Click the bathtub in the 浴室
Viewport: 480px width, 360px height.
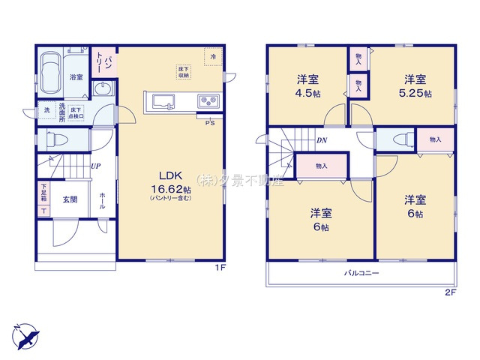tap(52, 72)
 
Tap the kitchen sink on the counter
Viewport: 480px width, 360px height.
tap(163, 100)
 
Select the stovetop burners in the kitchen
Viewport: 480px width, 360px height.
tap(207, 101)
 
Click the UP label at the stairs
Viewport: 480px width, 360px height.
tap(96, 166)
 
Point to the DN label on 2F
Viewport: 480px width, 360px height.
tap(321, 140)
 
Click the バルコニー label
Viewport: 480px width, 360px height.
tap(361, 274)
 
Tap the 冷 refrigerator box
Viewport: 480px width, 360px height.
tap(213, 57)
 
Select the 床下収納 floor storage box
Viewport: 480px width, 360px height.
tap(183, 72)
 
